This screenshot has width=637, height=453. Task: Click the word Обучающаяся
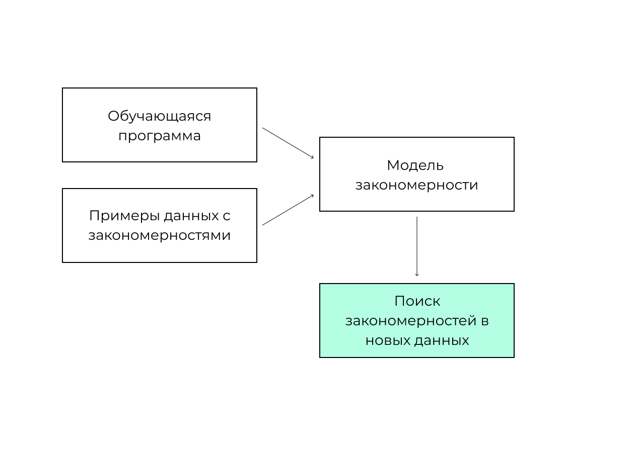(159, 117)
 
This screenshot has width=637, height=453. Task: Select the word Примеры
(124, 216)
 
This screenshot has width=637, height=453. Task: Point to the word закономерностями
(159, 235)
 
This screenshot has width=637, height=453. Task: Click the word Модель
(415, 165)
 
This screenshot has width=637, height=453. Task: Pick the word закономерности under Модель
(416, 186)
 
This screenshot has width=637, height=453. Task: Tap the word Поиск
(417, 301)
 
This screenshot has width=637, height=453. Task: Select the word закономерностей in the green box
(410, 321)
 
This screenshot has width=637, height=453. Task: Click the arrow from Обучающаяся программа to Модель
(288, 143)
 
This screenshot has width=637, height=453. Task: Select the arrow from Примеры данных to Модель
(288, 210)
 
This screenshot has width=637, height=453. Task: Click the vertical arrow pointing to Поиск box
(417, 246)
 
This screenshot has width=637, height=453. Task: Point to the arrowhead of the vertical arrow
(417, 275)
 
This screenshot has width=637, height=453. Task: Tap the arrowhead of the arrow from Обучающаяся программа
(313, 157)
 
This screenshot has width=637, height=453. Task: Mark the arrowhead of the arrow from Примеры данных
(313, 196)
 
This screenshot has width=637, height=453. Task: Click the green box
(417, 321)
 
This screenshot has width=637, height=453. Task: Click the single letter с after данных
(227, 217)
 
